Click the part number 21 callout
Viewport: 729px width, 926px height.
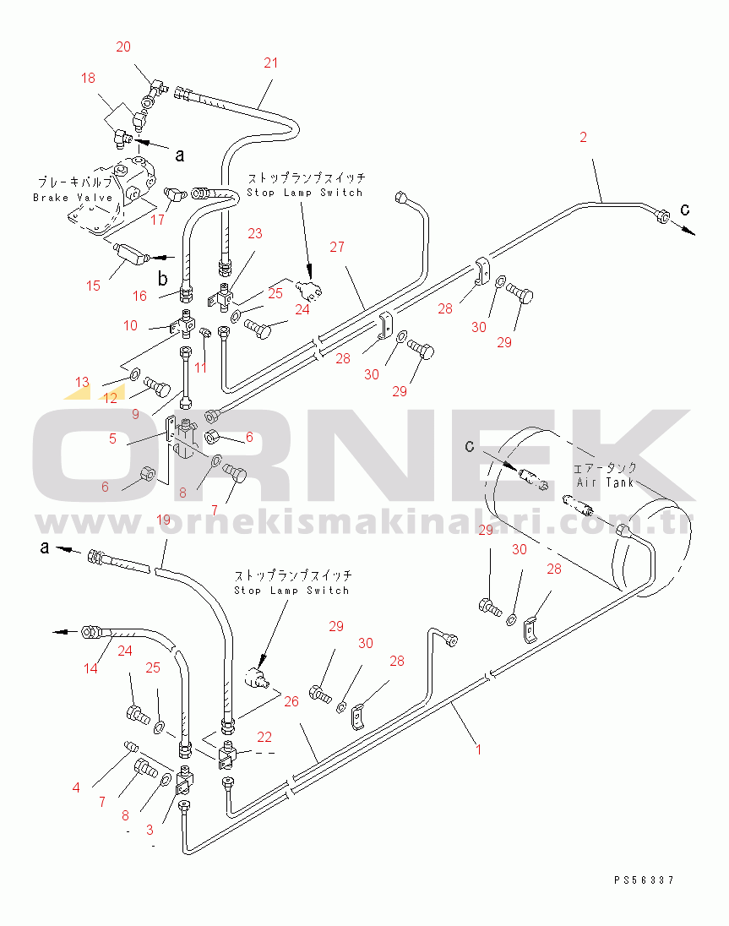[x=270, y=63]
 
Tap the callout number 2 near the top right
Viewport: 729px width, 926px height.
[x=582, y=137]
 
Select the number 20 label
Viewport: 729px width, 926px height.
[x=123, y=47]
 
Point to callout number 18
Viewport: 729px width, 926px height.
[x=89, y=78]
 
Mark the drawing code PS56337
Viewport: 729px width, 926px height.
[x=644, y=880]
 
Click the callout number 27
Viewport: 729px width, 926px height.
[x=338, y=247]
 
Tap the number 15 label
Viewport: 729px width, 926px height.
[x=93, y=286]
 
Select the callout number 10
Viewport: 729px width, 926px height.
[x=130, y=325]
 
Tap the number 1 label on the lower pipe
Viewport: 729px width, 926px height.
[x=478, y=749]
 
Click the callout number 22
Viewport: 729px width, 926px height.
[x=264, y=737]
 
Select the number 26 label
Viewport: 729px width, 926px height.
[x=291, y=700]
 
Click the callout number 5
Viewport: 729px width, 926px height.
[x=112, y=440]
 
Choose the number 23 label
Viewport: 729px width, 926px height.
[x=254, y=233]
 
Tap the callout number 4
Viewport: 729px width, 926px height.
[x=76, y=788]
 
